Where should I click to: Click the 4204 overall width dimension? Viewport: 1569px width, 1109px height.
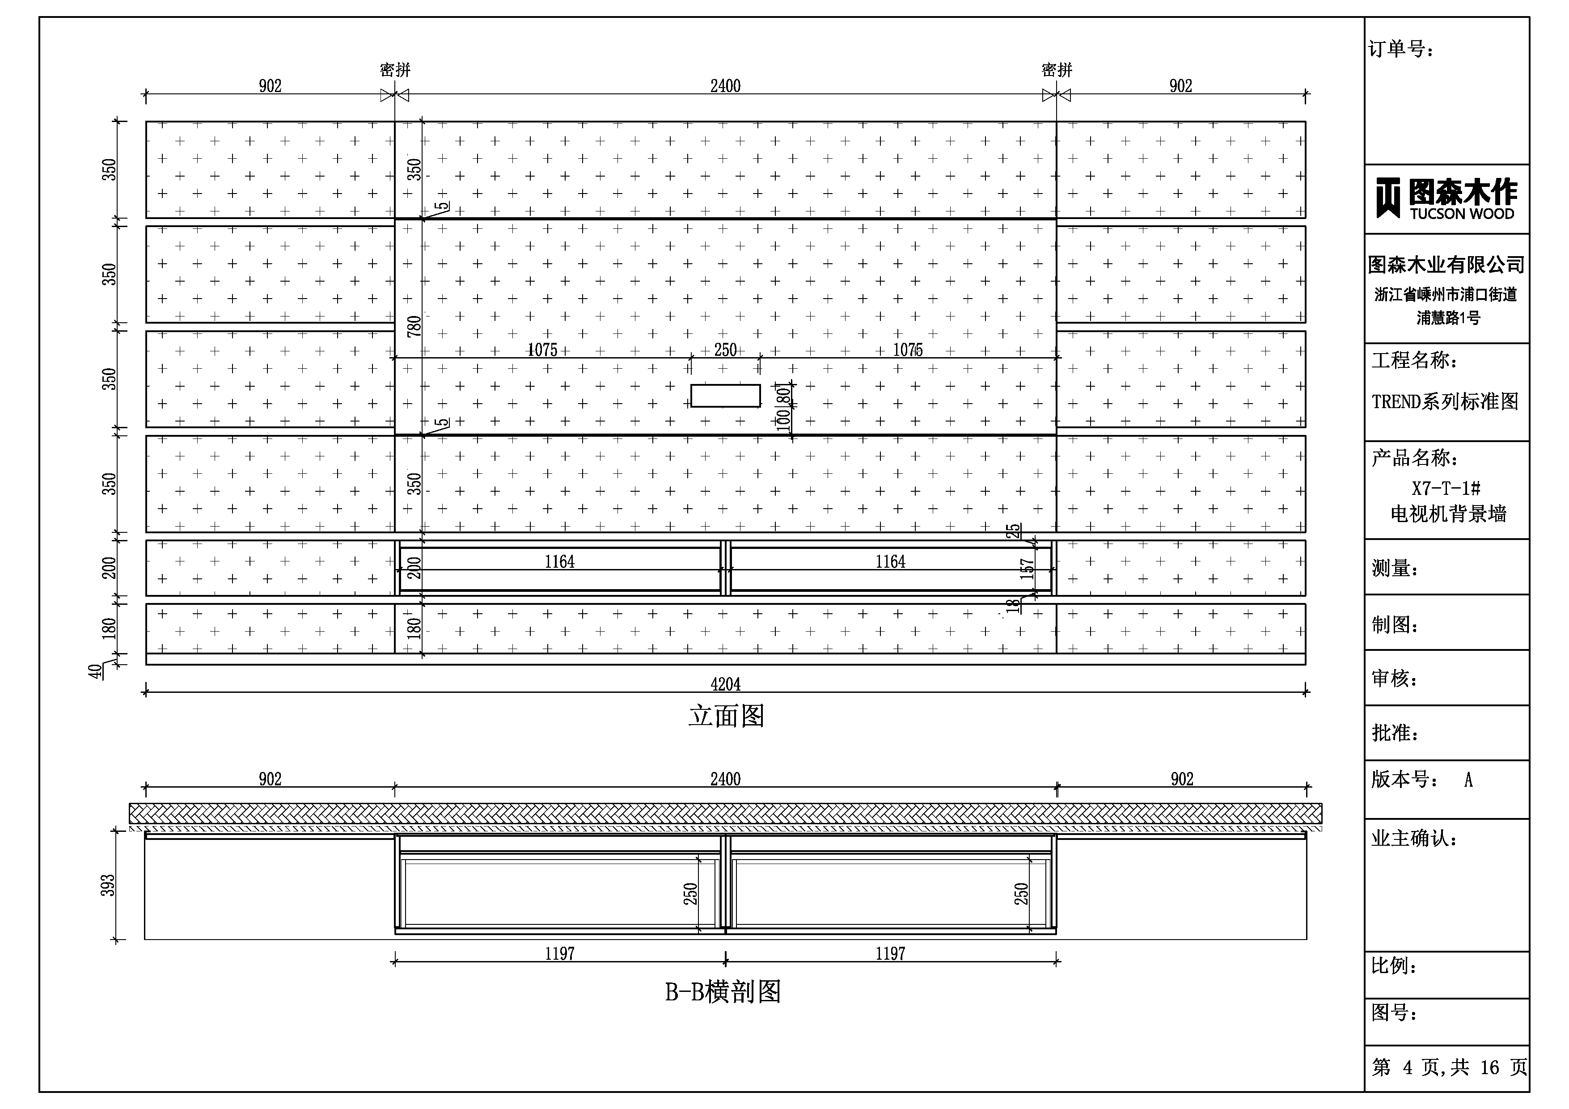coord(725,684)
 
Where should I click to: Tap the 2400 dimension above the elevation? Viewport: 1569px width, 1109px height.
coord(725,86)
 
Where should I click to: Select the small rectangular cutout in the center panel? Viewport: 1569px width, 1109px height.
coord(725,396)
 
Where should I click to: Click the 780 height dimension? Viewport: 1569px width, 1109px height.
coord(414,326)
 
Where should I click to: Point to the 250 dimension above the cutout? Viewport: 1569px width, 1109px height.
coord(725,350)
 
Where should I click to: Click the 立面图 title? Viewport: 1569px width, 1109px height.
coord(726,716)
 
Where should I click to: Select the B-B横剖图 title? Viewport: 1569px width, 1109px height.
coord(723,991)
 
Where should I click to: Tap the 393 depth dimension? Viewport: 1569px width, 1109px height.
coord(108,886)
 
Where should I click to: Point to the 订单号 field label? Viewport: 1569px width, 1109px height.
coord(1401,49)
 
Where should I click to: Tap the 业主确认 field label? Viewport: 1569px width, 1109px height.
coord(1414,839)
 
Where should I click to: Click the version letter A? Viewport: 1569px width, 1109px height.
coord(1468,780)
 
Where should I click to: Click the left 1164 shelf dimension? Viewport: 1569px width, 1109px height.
coord(559,562)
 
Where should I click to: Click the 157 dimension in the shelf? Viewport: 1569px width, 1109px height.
coord(1027,569)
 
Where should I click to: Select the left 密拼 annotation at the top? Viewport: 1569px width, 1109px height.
coord(395,70)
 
